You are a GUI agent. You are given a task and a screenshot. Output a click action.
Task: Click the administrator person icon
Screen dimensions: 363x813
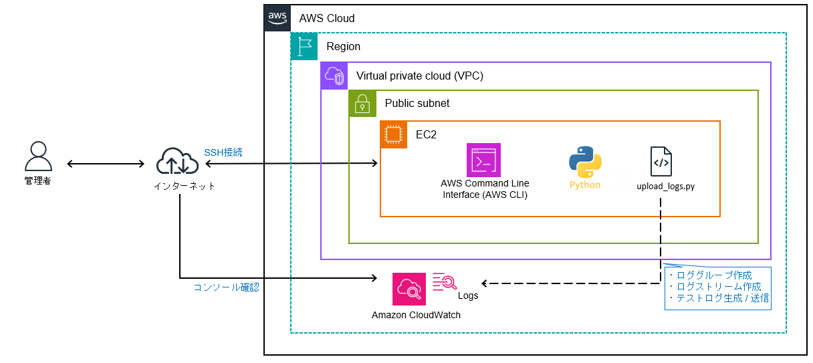point(37,156)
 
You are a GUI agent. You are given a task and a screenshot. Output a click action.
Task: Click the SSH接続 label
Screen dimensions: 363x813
point(223,152)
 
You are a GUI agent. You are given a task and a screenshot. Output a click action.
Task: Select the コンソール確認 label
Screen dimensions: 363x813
point(226,287)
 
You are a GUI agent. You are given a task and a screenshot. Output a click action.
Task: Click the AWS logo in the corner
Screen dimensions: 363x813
point(277,18)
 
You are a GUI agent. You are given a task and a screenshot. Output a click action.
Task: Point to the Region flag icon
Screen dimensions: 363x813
point(304,47)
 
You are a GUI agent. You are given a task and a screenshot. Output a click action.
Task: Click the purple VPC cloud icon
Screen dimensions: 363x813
point(334,76)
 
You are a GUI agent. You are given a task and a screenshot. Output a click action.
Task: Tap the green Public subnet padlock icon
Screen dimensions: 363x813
point(362,103)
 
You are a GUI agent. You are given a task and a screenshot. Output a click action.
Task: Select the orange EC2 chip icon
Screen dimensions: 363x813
point(393,134)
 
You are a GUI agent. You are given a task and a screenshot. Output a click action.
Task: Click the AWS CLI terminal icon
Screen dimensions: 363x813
point(483,160)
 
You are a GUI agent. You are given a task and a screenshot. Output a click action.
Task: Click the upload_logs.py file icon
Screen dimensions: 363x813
point(661,161)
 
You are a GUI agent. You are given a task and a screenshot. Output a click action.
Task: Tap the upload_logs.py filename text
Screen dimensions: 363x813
point(665,187)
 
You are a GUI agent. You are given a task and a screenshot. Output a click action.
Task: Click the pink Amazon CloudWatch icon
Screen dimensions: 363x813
point(409,289)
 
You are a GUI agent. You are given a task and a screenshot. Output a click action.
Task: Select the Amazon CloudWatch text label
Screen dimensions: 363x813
point(416,315)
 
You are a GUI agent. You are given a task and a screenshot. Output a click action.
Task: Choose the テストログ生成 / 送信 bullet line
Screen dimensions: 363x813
point(719,298)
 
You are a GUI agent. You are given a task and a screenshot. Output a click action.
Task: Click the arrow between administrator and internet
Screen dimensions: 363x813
point(106,164)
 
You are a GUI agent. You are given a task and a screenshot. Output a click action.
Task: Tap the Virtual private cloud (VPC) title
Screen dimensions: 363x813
point(419,76)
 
